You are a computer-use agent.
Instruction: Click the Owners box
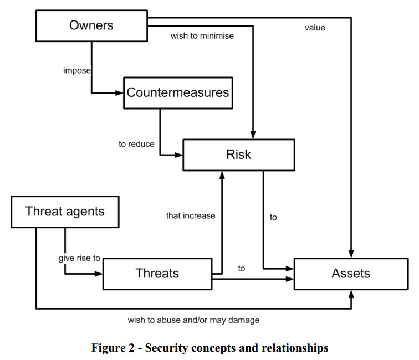pos(91,25)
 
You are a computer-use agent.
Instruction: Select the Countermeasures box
pos(177,92)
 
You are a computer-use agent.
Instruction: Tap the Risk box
pos(238,155)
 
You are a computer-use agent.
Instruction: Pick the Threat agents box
pos(65,211)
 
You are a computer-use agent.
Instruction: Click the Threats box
pos(157,273)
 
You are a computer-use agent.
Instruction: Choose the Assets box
pos(350,273)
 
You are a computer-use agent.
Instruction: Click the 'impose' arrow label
pos(77,71)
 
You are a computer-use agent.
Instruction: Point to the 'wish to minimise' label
pos(202,37)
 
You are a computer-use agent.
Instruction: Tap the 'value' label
pos(315,27)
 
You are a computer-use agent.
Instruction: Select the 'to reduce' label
pos(136,144)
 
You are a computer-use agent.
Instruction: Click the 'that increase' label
pos(191,215)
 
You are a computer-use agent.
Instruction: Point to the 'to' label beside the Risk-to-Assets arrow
pos(273,218)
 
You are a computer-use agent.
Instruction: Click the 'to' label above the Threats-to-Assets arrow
pos(242,268)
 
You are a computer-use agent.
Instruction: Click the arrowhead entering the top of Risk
pos(253,135)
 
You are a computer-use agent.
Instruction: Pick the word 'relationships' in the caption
pos(294,348)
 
